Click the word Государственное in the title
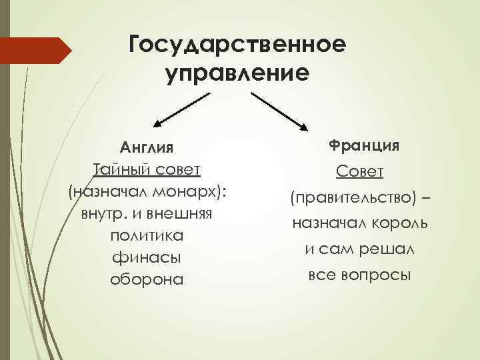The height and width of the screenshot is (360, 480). pos(238,44)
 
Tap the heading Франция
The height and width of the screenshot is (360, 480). pos(359,145)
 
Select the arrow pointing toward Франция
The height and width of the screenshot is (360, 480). pos(279,110)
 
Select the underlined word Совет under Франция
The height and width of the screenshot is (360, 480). pos(359,172)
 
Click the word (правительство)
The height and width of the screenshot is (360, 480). pos(350,198)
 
